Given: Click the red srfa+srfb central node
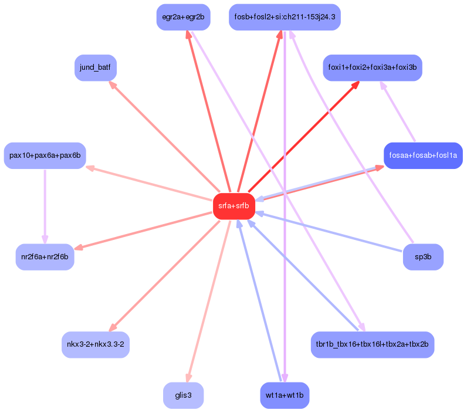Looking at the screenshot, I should coord(233,206).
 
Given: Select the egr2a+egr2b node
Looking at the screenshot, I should coord(183,17).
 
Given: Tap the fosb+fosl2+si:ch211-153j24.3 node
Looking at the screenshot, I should coord(285,17).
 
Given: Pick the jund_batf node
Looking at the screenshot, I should coord(95,68).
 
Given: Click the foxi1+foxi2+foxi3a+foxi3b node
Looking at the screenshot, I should coord(372,67).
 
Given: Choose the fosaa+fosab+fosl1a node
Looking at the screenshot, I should coord(423,155).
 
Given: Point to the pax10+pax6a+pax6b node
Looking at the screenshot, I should coord(45,155).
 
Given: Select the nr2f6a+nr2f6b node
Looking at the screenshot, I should coord(45,257).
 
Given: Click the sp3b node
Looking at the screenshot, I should coord(422,257).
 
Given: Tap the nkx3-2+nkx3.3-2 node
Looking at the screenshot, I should coord(96,344).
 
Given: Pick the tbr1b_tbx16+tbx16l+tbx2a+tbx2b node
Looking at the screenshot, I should coord(372,344).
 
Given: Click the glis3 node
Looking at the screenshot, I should coord(183,395).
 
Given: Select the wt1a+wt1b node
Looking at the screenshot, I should coord(285,395).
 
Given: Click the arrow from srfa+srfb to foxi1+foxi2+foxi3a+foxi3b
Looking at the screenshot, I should coord(302,137).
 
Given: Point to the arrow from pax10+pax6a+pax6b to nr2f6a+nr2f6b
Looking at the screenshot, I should coord(45,205).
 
